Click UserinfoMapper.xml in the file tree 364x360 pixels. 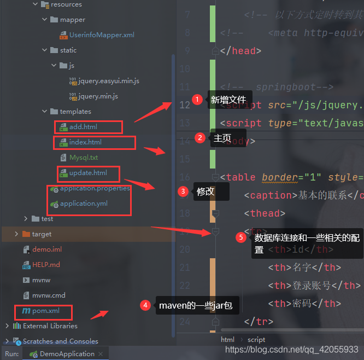click(101, 35)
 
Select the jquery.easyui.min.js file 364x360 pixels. click(108, 81)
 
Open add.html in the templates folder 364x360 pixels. click(83, 127)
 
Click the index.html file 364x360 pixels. click(85, 142)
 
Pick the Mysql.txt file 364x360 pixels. click(83, 158)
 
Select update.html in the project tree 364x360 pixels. click(87, 173)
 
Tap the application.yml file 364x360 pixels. click(84, 204)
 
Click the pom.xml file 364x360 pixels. click(45, 311)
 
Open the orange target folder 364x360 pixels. click(42, 234)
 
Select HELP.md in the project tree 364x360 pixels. click(46, 265)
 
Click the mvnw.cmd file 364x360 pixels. click(49, 295)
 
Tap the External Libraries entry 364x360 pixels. click(50, 326)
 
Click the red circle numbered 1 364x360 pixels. click(197, 100)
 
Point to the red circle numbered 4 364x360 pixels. click(145, 305)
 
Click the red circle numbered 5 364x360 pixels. click(241, 237)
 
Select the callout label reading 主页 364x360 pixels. click(222, 138)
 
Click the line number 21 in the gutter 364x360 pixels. click(185, 268)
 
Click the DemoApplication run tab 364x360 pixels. click(67, 354)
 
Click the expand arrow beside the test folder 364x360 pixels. click(26, 219)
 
